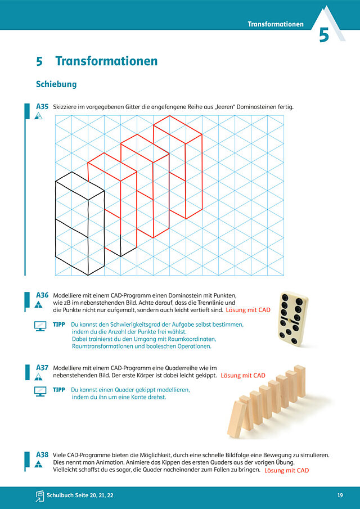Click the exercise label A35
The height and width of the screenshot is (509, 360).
(42, 106)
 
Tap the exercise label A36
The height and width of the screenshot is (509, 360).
(42, 295)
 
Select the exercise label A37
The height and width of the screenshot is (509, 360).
(42, 368)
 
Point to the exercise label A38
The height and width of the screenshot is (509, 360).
(42, 454)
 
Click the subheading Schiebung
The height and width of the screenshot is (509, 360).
(56, 84)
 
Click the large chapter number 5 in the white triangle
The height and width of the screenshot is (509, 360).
(323, 35)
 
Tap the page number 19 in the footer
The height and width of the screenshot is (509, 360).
(340, 496)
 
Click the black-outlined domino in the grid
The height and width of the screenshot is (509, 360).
(80, 224)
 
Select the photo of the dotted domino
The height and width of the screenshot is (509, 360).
(293, 319)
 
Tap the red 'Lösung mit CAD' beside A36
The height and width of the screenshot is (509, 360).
(248, 310)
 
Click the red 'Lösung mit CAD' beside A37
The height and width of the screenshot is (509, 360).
(243, 376)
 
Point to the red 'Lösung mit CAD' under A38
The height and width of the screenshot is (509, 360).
(287, 470)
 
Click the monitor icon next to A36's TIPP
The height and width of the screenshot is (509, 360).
(40, 326)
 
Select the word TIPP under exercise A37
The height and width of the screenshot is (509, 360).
(59, 390)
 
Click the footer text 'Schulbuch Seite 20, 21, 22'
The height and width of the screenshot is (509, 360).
(80, 496)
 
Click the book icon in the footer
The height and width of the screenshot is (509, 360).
(39, 496)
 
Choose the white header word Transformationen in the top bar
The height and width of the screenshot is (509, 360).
(276, 24)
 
